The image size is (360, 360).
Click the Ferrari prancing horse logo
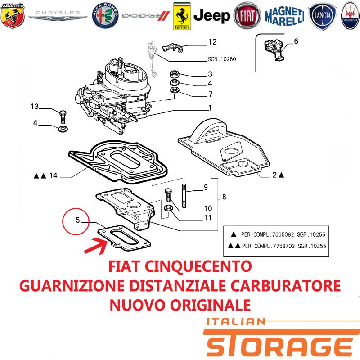pos(182,16)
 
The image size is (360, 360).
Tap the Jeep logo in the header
pos(211,16)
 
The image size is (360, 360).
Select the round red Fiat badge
pos(247,16)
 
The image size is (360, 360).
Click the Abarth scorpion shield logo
pos(13,15)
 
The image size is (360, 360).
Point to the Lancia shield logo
pos(322,16)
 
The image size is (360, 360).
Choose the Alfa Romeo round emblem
pos(106,16)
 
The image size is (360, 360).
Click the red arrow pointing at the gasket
pos(96,246)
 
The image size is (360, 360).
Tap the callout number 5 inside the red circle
pos(77,220)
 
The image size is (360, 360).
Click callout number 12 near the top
pos(212,42)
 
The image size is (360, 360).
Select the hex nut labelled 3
pos(175,74)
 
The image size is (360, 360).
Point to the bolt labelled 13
pos(63,117)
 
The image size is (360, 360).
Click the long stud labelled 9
pos(184,196)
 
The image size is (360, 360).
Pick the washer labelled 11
pos(168,208)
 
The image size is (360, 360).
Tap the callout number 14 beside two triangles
pos(53,175)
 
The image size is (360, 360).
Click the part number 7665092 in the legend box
pos(283,234)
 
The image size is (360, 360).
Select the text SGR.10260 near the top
pos(222,59)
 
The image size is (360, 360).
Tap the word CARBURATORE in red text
pos(285,286)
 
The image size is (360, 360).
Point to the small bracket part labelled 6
pos(274,50)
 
